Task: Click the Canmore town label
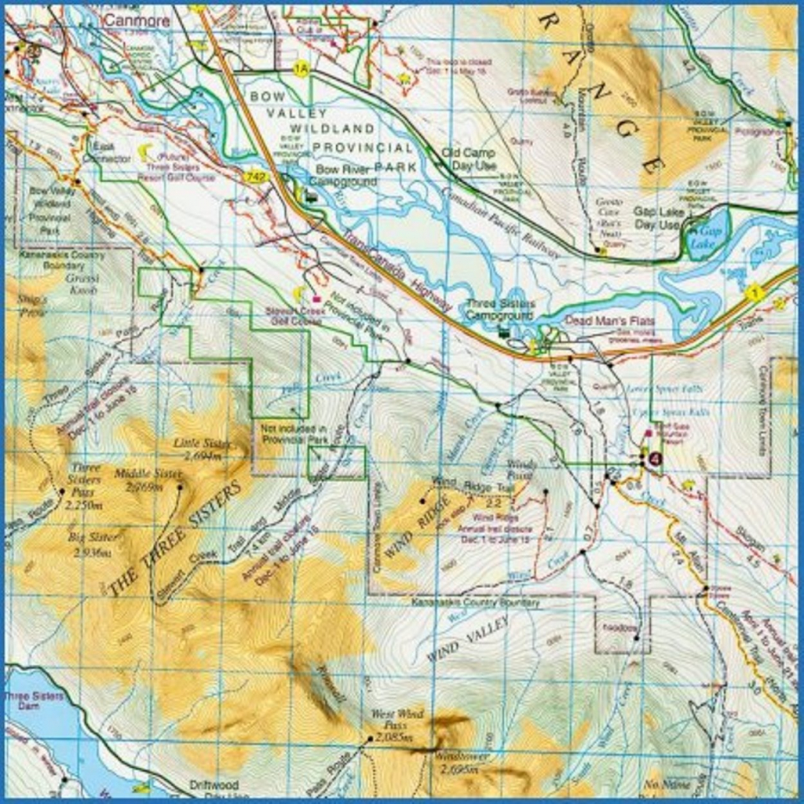(136, 20)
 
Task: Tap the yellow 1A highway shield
(301, 70)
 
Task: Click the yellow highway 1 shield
(755, 294)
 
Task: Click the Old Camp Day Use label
(469, 159)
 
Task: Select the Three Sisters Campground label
(499, 309)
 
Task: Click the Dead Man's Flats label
(609, 320)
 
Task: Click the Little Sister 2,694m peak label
(202, 449)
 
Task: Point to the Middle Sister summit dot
(180, 487)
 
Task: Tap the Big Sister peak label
(93, 544)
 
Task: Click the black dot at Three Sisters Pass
(62, 492)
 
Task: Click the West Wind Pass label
(397, 720)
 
